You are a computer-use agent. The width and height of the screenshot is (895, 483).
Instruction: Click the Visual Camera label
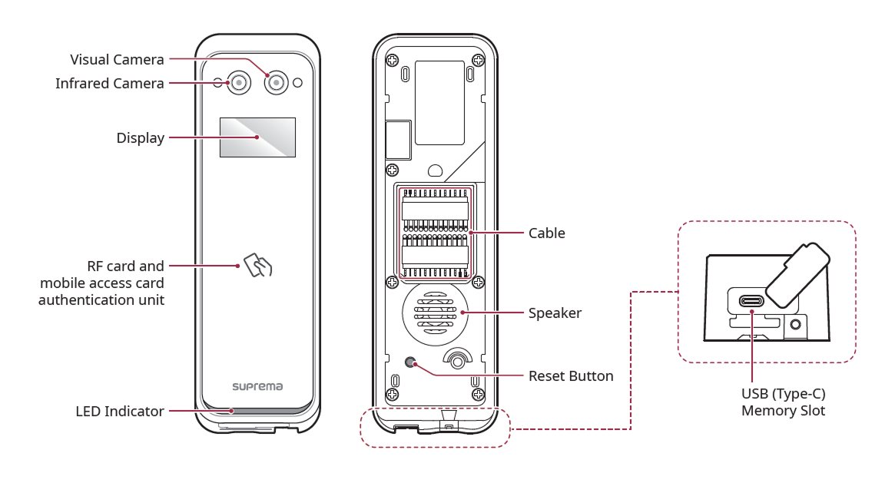click(x=117, y=59)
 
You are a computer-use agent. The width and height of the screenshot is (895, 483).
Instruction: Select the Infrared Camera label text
click(x=109, y=83)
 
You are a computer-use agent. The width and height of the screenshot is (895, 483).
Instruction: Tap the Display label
click(x=140, y=138)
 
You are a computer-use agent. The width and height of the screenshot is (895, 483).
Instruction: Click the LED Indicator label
click(x=119, y=412)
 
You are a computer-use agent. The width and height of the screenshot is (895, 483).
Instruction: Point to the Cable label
click(x=546, y=233)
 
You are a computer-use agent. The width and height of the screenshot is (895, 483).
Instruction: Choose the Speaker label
click(x=555, y=313)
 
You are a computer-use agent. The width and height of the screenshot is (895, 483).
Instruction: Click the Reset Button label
click(x=571, y=376)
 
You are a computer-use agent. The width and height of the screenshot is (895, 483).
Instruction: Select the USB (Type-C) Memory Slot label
click(x=783, y=402)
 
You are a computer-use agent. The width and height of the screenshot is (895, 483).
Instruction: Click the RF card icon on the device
click(x=258, y=265)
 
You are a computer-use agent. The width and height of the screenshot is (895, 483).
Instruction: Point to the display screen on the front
click(x=257, y=137)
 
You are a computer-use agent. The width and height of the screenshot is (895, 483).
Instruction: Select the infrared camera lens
click(x=239, y=82)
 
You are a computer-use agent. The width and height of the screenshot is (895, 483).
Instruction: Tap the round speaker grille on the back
click(x=436, y=313)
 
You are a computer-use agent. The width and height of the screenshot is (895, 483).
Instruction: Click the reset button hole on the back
click(x=411, y=362)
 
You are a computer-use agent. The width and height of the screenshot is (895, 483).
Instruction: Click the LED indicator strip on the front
click(x=257, y=411)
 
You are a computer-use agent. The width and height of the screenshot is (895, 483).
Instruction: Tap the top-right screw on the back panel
click(x=478, y=60)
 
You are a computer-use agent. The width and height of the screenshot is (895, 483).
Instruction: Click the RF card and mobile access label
click(x=101, y=283)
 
